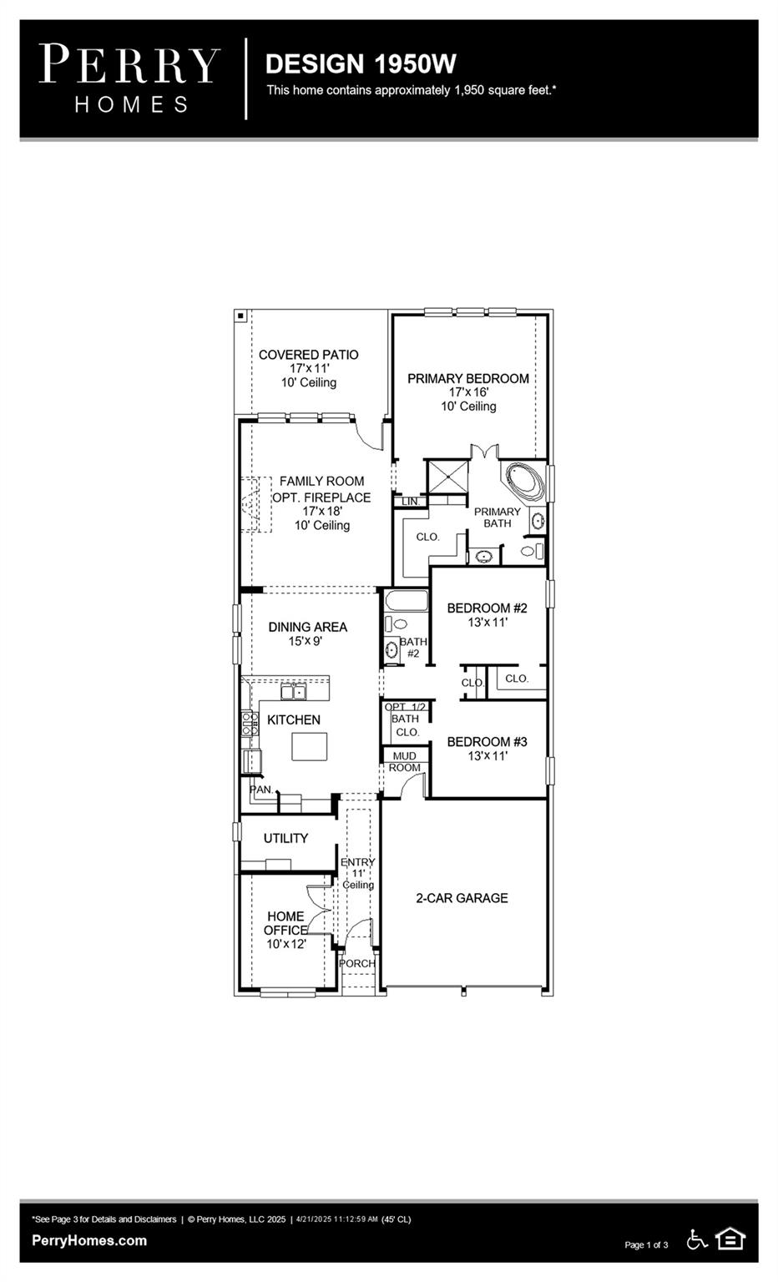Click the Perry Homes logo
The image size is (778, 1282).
[129, 78]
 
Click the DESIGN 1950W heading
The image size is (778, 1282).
[360, 63]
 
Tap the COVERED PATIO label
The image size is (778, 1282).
[308, 355]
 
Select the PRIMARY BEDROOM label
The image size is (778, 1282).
[467, 378]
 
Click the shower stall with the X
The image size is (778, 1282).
[447, 477]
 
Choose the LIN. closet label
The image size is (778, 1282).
[411, 502]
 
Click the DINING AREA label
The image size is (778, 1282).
[307, 627]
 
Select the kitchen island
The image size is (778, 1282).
[309, 746]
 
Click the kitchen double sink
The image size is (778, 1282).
[293, 691]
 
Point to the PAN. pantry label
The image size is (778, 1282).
[261, 789]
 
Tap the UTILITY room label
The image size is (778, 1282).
[285, 838]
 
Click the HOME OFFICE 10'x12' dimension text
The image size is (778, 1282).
[286, 944]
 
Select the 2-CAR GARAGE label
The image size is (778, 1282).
[462, 898]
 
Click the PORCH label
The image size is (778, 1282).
[357, 963]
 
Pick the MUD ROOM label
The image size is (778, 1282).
[405, 761]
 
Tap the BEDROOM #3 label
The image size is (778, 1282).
[487, 741]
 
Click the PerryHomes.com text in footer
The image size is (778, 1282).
[89, 1240]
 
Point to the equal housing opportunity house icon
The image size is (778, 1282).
[730, 1239]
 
